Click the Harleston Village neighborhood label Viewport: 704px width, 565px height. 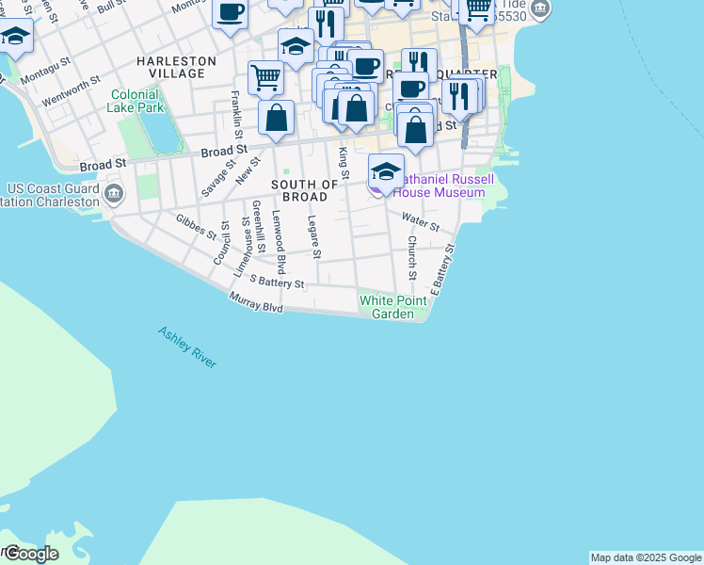[x=176, y=67]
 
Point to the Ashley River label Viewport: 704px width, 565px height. [x=187, y=347]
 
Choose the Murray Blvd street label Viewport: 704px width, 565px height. [x=256, y=302]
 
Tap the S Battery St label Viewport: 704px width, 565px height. [x=277, y=281]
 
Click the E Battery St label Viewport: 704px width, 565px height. [x=442, y=270]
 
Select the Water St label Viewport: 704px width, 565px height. [x=421, y=222]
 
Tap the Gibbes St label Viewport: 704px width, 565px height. [x=196, y=226]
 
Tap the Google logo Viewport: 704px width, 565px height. [x=31, y=554]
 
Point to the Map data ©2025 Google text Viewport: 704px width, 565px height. [x=646, y=557]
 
